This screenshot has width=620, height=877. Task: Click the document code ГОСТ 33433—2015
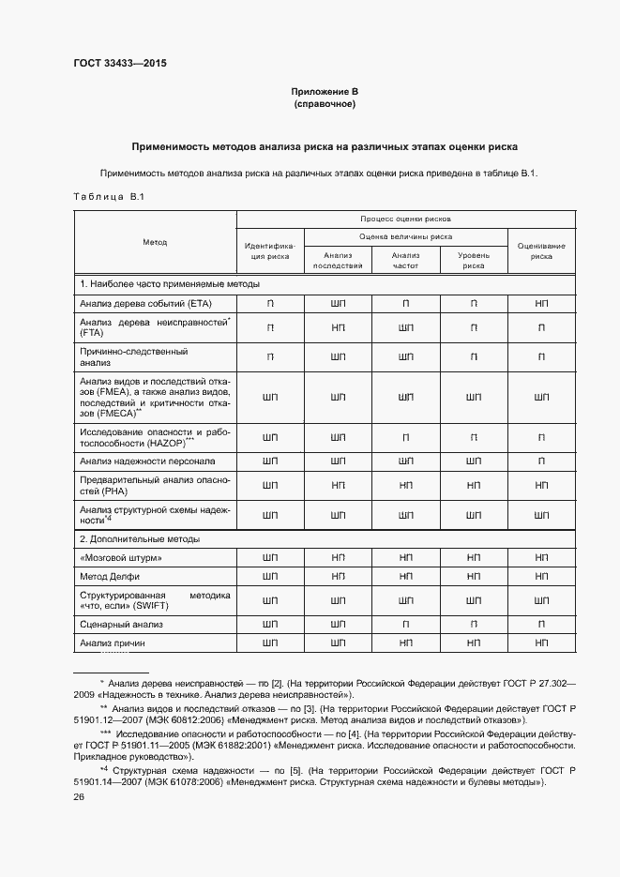[120, 64]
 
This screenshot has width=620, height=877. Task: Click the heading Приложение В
[325, 91]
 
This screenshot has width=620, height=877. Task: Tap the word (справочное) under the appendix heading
[325, 103]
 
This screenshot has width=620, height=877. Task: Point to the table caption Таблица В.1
[107, 196]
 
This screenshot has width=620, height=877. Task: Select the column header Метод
[155, 242]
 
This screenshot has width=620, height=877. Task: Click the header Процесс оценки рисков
[405, 217]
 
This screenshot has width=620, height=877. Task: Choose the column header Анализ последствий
[338, 260]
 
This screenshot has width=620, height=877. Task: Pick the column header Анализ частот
[405, 260]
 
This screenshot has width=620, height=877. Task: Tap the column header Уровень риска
[473, 260]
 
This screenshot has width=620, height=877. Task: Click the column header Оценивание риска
[541, 249]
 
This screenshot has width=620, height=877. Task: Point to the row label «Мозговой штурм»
[122, 557]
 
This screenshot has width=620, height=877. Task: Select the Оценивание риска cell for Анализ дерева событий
[541, 303]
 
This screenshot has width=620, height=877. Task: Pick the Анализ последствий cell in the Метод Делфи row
[339, 575]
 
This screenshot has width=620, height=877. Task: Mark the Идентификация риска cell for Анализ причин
[270, 643]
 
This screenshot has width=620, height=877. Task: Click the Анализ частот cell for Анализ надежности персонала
[405, 461]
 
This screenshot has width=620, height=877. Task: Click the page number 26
[79, 796]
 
